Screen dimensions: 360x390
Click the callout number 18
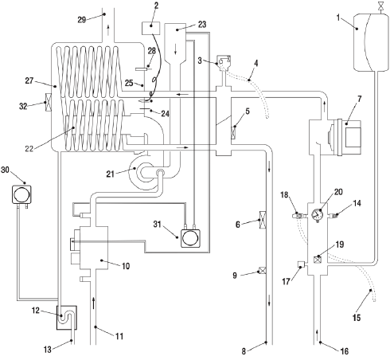(x=345, y=349)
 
